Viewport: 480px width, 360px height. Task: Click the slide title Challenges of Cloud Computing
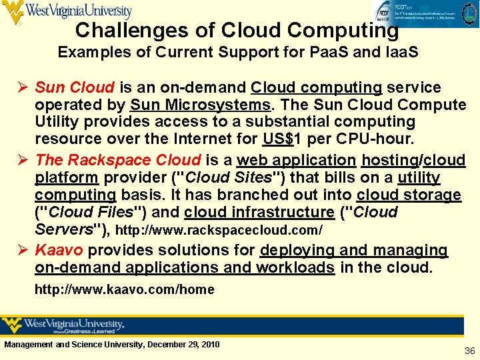(237, 30)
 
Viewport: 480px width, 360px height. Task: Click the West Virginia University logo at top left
(67, 12)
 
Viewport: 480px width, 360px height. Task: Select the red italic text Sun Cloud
(75, 87)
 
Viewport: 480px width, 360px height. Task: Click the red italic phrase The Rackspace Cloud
(118, 160)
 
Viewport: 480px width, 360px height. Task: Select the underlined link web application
(296, 160)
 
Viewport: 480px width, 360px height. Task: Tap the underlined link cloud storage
(409, 195)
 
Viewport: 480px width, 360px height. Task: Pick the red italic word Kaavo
(59, 250)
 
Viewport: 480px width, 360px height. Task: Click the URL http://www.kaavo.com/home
(125, 289)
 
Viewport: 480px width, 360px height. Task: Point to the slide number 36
(469, 350)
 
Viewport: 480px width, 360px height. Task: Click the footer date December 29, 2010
(181, 344)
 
